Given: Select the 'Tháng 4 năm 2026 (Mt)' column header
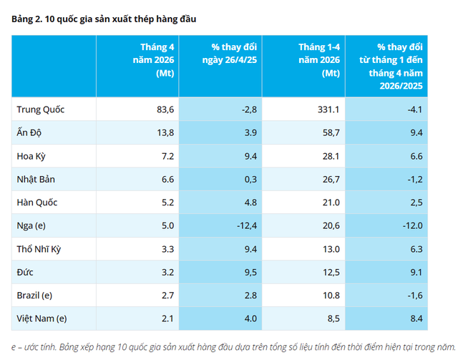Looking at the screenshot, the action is (154, 60).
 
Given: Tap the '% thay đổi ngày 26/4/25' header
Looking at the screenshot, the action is (230, 54).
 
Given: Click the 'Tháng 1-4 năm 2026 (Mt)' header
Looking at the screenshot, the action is (319, 60).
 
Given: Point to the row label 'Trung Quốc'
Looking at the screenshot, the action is (41, 110).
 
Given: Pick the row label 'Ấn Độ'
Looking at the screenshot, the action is (29, 132).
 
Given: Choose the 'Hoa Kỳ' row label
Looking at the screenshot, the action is (31, 156).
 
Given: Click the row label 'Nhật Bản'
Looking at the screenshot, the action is (36, 179).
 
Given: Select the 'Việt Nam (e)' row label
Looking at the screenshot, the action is (42, 318).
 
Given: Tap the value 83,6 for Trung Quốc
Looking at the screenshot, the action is (165, 110).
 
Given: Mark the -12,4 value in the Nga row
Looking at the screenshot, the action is (247, 225).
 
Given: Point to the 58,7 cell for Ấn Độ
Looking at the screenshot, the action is (331, 132).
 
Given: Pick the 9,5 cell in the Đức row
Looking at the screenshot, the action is (250, 273).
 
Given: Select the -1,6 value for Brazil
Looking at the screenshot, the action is (415, 296).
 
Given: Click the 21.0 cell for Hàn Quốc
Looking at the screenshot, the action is (331, 203).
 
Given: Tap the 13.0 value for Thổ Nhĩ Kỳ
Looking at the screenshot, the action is (331, 249).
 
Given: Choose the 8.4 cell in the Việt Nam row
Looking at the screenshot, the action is (416, 318).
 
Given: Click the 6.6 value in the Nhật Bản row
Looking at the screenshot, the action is (167, 180).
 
